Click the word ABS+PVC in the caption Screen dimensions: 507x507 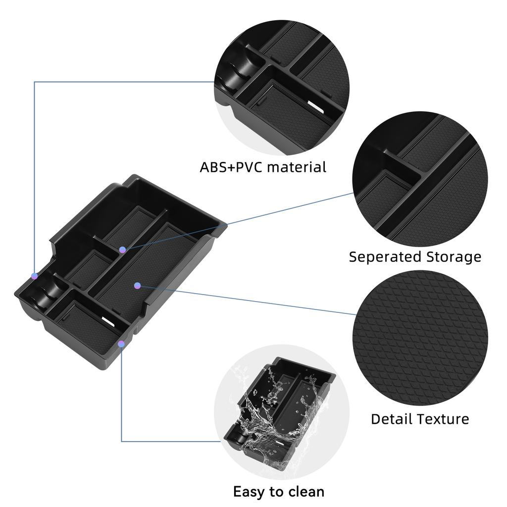231,167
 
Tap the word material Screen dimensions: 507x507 297,167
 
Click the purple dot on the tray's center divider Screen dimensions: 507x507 122,250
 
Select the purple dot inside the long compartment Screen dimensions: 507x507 138,285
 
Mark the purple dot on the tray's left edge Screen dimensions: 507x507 34,275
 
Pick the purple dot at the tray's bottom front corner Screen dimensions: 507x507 121,343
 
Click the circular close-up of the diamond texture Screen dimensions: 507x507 420,338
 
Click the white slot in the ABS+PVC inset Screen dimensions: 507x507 314,104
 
